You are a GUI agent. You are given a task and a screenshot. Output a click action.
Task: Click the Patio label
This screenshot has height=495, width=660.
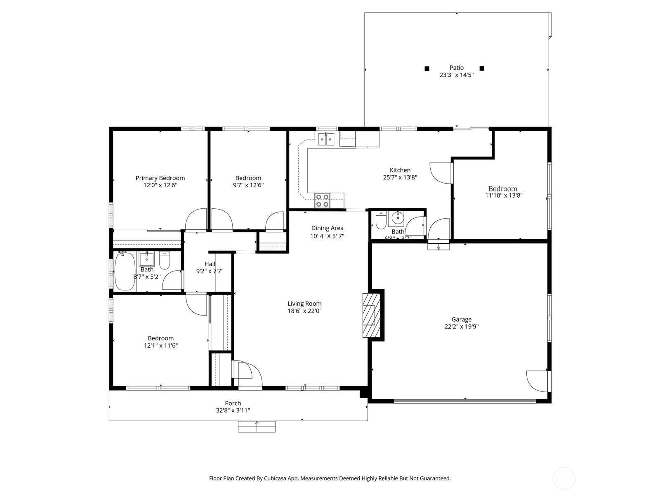[x=456, y=68]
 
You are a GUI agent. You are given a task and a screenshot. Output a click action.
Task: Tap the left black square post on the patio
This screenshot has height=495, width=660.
[x=427, y=68]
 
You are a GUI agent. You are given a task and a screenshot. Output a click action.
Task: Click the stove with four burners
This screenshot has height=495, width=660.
[x=322, y=201]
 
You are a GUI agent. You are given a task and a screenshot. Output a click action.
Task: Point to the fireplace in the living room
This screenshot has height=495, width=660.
[x=370, y=315]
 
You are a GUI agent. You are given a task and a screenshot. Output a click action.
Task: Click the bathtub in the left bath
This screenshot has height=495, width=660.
[x=123, y=271]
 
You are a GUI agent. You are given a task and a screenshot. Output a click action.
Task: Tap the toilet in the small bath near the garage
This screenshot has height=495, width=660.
[x=380, y=221]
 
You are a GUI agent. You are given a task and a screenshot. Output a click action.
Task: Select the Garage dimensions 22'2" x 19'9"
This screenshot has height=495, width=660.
[x=461, y=327]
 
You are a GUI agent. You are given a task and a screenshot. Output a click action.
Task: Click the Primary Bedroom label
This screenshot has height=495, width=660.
[x=160, y=178]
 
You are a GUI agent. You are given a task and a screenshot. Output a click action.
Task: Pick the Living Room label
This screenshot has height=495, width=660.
[x=304, y=304]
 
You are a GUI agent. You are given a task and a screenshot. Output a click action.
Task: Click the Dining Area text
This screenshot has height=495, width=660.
[x=327, y=228]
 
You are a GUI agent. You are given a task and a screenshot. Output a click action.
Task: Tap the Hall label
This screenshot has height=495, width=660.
[x=210, y=264]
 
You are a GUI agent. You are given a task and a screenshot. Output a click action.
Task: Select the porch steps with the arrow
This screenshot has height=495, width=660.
[x=257, y=427]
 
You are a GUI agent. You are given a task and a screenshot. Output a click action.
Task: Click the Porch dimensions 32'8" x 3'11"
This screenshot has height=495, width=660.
[x=233, y=410]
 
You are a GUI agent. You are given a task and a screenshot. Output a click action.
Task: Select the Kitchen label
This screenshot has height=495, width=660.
[x=400, y=170]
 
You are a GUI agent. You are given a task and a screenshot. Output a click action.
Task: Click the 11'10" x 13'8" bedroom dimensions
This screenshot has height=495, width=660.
[x=504, y=196]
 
